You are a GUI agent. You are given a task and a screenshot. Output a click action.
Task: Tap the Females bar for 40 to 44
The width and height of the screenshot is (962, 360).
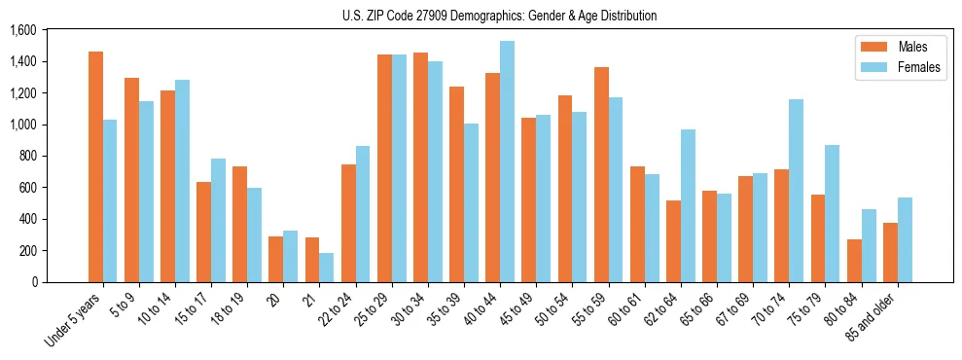pyautogui.click(x=507, y=162)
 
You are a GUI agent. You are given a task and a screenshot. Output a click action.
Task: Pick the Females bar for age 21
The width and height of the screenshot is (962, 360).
pyautogui.click(x=327, y=268)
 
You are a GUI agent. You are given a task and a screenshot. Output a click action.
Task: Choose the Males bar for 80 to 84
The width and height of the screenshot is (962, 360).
pyautogui.click(x=854, y=261)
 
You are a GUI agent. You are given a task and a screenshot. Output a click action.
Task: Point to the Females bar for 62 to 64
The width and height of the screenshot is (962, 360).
pyautogui.click(x=688, y=205)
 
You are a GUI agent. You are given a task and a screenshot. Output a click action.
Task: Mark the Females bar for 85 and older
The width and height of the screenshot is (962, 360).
pyautogui.click(x=905, y=239)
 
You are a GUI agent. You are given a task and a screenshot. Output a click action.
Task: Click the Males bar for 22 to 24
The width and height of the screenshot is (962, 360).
pyautogui.click(x=348, y=223)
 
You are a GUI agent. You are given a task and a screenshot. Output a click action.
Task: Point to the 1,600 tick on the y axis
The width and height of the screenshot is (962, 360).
pyautogui.click(x=22, y=30)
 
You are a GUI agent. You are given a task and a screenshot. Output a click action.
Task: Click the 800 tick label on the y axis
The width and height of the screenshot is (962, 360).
pyautogui.click(x=27, y=156)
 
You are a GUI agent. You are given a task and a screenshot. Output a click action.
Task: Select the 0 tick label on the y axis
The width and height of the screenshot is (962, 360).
pyautogui.click(x=34, y=282)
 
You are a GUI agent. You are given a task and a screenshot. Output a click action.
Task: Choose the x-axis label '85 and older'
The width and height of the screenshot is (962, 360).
pyautogui.click(x=873, y=314)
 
